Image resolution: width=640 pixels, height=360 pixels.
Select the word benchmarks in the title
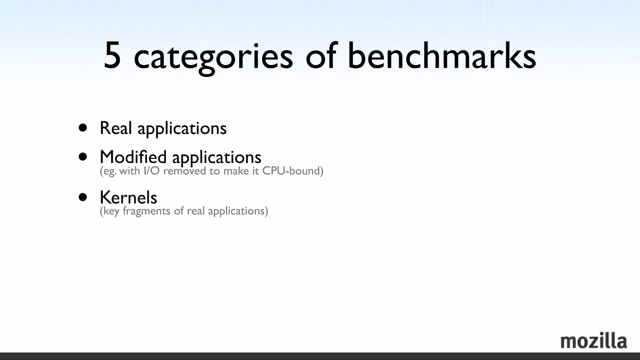(442, 56)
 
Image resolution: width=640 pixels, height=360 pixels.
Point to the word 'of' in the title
(321, 56)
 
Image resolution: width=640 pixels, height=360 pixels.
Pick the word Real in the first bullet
(116, 128)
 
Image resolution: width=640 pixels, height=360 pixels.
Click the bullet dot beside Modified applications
(83, 157)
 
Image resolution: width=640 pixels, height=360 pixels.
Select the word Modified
(133, 157)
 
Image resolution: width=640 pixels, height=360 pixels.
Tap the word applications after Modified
(217, 157)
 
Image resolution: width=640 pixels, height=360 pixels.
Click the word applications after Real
(182, 129)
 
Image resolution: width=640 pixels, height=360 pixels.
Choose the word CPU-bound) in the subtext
(293, 171)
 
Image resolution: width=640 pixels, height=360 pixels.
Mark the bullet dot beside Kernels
(83, 197)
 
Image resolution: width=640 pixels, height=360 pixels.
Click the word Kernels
(128, 197)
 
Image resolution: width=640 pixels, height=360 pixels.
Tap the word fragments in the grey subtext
(147, 211)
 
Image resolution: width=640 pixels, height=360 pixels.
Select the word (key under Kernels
(110, 211)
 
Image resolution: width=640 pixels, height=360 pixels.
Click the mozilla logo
(593, 341)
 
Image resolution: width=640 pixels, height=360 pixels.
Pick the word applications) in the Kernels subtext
(238, 211)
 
